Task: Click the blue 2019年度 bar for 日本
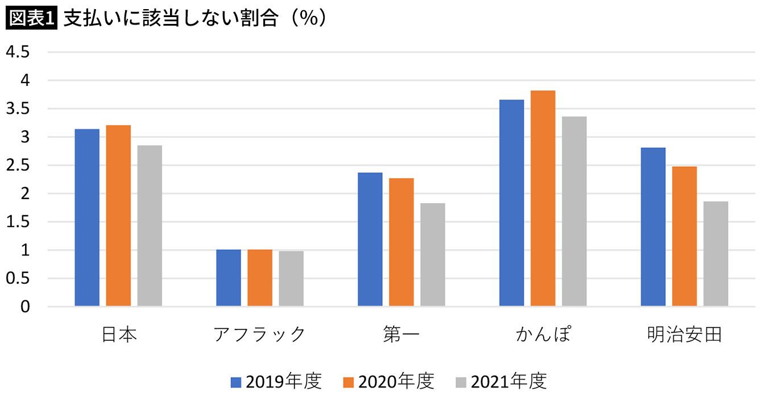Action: (87, 218)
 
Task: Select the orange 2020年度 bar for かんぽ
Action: (543, 199)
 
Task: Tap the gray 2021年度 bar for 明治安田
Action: (715, 254)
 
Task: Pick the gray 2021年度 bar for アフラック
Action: (291, 279)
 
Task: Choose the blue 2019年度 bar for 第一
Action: (370, 240)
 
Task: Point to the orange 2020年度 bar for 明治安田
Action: (684, 236)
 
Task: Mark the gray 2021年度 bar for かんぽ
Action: (574, 212)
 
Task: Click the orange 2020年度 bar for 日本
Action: (118, 216)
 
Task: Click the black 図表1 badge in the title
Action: (32, 18)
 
